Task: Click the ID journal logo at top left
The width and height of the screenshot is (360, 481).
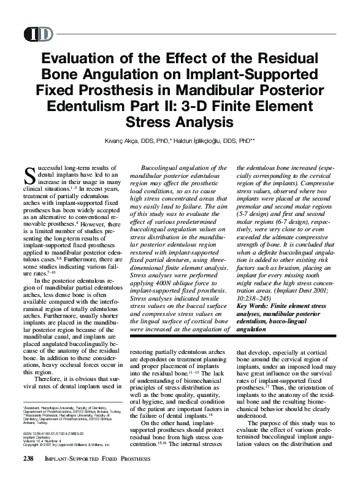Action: (39, 34)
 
